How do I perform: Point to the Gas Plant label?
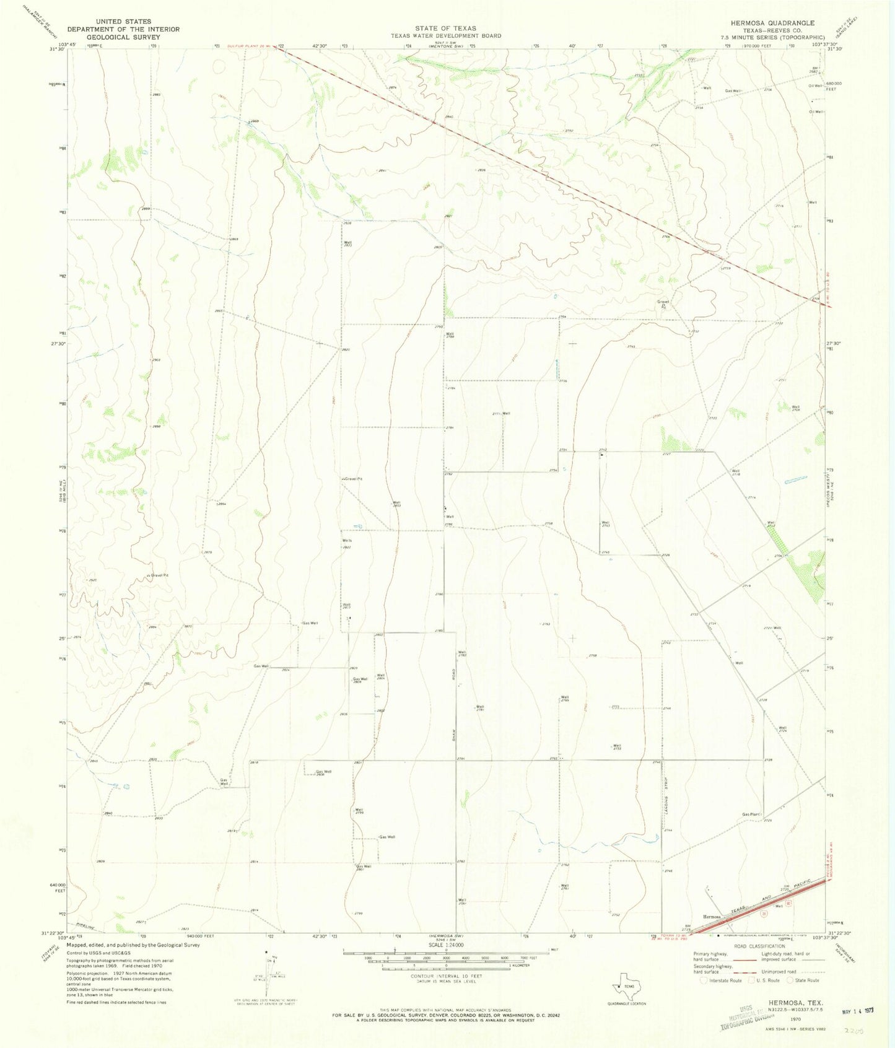coord(751,814)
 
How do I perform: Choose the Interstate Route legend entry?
coord(722,980)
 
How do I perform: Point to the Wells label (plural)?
coord(347,541)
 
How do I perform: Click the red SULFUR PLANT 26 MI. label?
coord(248,46)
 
